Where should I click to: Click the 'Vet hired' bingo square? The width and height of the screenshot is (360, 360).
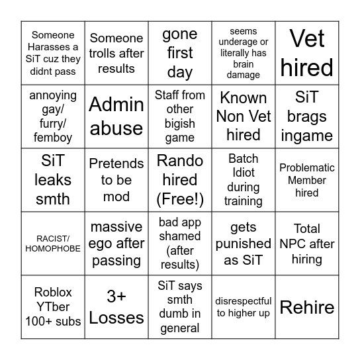[x=306, y=53]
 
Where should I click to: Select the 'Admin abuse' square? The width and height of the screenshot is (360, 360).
[x=116, y=116]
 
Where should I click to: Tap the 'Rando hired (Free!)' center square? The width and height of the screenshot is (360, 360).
[x=179, y=180]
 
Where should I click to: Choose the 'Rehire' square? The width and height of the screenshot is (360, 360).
[x=306, y=307]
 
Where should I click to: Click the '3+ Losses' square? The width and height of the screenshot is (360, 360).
[x=116, y=307]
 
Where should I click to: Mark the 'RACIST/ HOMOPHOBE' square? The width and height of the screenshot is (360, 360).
[x=53, y=244]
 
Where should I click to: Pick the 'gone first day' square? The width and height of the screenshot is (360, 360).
[x=179, y=53]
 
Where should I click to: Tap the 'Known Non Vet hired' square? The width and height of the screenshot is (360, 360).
[x=243, y=116]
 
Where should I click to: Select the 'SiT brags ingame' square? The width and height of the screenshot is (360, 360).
[x=306, y=116]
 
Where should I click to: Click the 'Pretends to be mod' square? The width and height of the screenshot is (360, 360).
[x=116, y=180]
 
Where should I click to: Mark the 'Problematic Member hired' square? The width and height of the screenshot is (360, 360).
[x=306, y=180]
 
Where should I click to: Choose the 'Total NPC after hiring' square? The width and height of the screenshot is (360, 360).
[x=306, y=244]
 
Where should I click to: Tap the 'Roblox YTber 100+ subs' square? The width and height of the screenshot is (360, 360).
[x=53, y=307]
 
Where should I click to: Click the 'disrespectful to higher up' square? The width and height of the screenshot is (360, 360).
[x=243, y=307]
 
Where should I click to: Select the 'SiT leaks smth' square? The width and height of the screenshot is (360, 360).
[x=53, y=180]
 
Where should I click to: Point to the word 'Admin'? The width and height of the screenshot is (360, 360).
[x=116, y=105]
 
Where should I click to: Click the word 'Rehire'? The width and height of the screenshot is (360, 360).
[x=306, y=307]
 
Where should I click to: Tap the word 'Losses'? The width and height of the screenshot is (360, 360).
[x=116, y=318]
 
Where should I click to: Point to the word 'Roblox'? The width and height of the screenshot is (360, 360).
[x=53, y=292]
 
